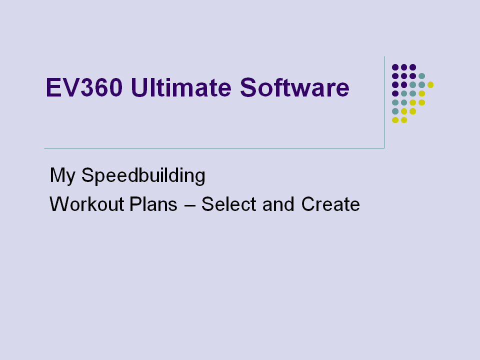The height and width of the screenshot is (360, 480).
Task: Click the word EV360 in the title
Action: [x=84, y=87]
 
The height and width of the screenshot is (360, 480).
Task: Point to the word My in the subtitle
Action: [x=62, y=175]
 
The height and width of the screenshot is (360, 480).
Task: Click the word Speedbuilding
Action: [x=143, y=175]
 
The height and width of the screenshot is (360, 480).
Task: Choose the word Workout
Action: [x=86, y=204]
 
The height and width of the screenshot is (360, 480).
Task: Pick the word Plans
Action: [x=153, y=204]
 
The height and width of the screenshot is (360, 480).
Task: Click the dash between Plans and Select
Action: [x=190, y=205]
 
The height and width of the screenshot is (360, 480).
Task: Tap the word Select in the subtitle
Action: [x=228, y=204]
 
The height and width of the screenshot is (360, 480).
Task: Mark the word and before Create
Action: [x=278, y=204]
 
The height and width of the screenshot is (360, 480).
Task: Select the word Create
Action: [x=330, y=204]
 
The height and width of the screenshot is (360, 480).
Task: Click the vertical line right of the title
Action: [x=384, y=102]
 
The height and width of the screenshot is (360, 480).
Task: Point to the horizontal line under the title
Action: [x=214, y=148]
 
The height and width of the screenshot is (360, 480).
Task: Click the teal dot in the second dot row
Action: [x=421, y=76]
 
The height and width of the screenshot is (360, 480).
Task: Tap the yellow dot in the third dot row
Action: [x=430, y=85]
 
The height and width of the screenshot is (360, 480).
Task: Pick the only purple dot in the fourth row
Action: [x=395, y=93]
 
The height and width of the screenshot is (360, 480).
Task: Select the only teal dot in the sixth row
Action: [x=395, y=111]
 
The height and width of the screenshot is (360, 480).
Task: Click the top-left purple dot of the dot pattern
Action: [x=395, y=67]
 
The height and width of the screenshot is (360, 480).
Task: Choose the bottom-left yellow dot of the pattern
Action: [x=395, y=120]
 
